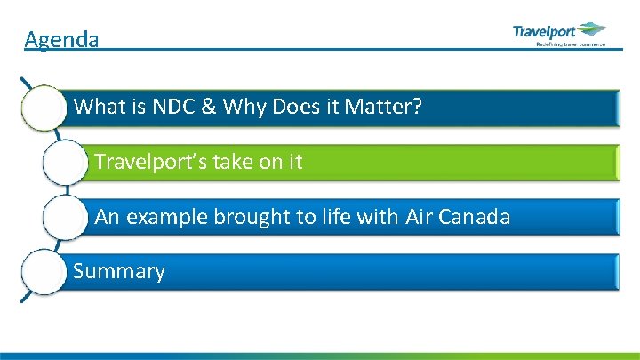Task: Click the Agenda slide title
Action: pos(61,40)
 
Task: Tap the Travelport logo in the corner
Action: pos(558,35)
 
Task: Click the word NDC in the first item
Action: pos(169,108)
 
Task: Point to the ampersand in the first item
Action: pos(208,108)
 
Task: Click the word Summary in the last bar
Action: pos(119,271)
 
